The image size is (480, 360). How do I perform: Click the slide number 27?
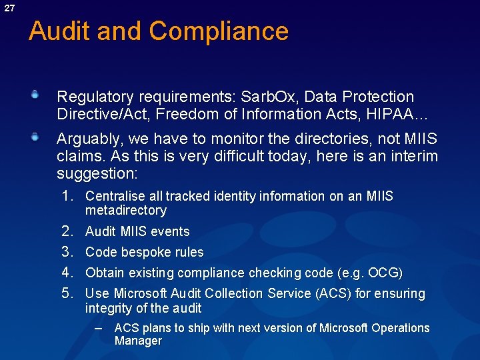[x=9, y=8]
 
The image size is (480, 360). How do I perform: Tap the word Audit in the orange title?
[x=58, y=31]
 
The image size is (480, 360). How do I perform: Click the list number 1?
[x=67, y=196]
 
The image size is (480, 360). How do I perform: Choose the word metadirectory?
[x=125, y=211]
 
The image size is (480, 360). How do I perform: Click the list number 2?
[x=67, y=231]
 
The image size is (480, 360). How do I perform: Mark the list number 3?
[x=67, y=252]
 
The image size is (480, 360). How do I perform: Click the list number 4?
[x=67, y=273]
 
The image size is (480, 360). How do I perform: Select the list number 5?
[x=67, y=293]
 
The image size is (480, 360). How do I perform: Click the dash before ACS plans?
[x=99, y=329]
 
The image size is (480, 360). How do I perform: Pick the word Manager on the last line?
[x=138, y=341]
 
